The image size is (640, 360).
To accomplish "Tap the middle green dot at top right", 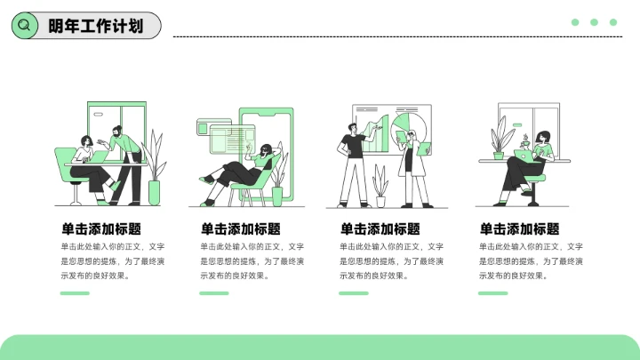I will (594, 22).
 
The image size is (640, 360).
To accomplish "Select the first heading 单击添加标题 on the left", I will (100, 228).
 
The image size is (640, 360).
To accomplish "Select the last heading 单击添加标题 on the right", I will (519, 228).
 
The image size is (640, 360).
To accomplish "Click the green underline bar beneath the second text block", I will (213, 293).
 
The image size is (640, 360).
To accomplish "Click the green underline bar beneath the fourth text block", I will (492, 293).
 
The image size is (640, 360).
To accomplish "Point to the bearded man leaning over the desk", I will (124, 160).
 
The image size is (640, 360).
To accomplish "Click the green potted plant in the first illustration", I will (155, 169).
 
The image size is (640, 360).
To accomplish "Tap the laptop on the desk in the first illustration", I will (98, 157).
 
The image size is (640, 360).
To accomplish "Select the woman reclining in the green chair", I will (244, 167).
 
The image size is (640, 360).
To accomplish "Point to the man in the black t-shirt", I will (353, 160).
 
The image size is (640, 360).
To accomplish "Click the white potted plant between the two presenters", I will (380, 182).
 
